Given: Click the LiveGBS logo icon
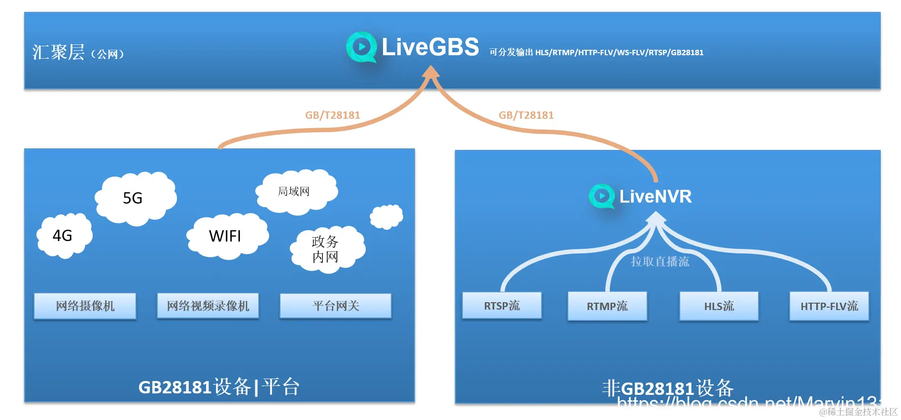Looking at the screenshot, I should [x=361, y=47].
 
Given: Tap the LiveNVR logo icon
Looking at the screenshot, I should [x=601, y=196].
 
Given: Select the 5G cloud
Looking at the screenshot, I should [x=134, y=198].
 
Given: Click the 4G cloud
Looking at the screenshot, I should [x=64, y=236].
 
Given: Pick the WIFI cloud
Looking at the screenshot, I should [x=226, y=236].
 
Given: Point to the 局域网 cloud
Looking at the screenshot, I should [x=295, y=192].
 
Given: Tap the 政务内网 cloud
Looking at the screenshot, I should [x=326, y=249].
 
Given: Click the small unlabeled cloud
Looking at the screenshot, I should [x=386, y=216].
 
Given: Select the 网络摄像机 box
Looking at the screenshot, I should [x=85, y=306].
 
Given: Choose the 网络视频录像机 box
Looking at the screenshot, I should [x=208, y=306].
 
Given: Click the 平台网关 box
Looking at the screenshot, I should [x=336, y=306].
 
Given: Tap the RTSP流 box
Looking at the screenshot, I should [x=502, y=306].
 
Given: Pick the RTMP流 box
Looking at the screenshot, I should [x=607, y=306].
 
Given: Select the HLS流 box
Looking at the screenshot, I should [x=719, y=306].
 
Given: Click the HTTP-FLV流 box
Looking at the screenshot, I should [x=829, y=306].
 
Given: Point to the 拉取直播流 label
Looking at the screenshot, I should [x=660, y=261].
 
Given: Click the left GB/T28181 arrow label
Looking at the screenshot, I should [x=333, y=115].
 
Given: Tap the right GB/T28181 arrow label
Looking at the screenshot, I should [x=526, y=115].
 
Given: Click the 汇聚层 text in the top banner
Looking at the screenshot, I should [x=59, y=52].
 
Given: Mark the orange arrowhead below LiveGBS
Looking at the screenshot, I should [x=431, y=72].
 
